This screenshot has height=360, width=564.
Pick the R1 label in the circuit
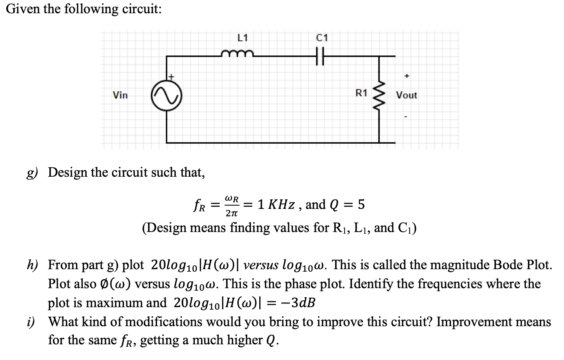click(x=361, y=93)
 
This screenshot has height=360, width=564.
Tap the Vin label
click(x=121, y=95)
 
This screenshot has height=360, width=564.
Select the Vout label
click(x=407, y=95)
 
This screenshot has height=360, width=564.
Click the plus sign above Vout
click(x=407, y=76)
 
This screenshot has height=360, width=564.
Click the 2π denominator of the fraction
click(x=231, y=213)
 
